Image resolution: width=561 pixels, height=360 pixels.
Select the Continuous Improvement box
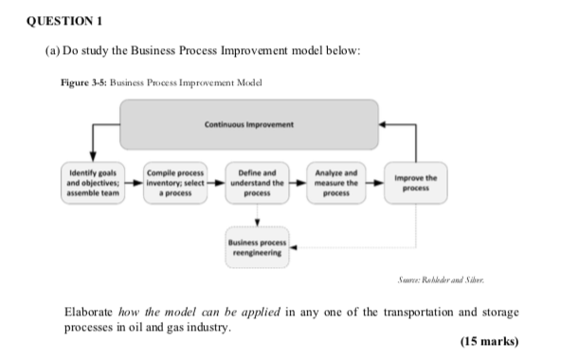[248, 125]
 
